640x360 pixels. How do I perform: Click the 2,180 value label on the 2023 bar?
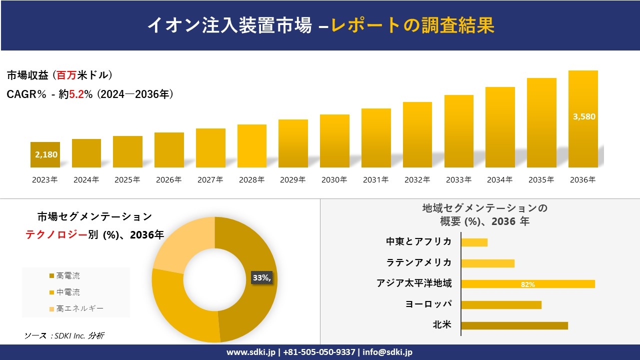click(x=46, y=154)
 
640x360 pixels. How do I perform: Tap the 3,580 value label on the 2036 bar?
click(x=584, y=116)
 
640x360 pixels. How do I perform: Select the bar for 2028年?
click(x=251, y=146)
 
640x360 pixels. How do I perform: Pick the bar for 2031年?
click(x=376, y=138)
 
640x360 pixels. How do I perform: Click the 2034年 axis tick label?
click(x=499, y=180)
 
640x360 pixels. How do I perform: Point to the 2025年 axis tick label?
click(x=127, y=180)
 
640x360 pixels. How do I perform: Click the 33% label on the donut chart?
click(x=261, y=278)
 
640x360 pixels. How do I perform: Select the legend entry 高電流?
click(x=68, y=276)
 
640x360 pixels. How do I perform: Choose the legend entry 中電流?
click(x=68, y=292)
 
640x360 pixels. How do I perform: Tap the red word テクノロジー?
click(x=56, y=235)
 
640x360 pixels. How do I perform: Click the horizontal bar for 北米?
click(x=514, y=325)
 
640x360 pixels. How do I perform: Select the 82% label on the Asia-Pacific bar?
click(x=527, y=284)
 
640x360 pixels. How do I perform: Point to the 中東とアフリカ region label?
click(x=418, y=242)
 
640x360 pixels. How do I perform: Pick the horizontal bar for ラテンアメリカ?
click(x=487, y=263)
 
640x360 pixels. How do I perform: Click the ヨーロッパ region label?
click(x=428, y=304)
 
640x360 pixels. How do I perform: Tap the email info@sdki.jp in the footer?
click(x=387, y=352)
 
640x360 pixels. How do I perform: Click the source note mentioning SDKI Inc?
click(x=64, y=336)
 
